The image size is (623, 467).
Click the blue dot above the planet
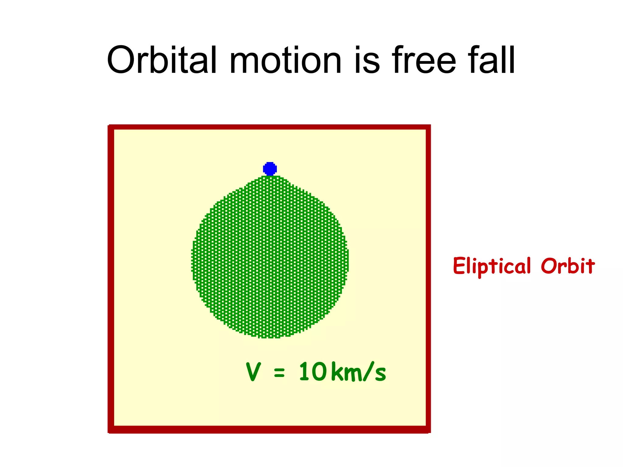click(x=270, y=169)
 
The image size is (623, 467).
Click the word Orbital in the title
click(x=162, y=60)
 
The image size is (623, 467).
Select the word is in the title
click(x=367, y=60)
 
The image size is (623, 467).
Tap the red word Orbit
click(x=567, y=266)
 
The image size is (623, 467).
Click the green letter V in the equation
click(x=253, y=372)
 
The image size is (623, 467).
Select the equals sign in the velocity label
click(x=279, y=373)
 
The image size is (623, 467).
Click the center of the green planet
click(x=270, y=257)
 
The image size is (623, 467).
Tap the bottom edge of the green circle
click(x=270, y=337)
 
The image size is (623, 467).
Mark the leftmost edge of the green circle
click(x=193, y=258)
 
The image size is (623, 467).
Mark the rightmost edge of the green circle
click(x=347, y=258)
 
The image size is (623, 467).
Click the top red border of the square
click(x=269, y=127)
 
